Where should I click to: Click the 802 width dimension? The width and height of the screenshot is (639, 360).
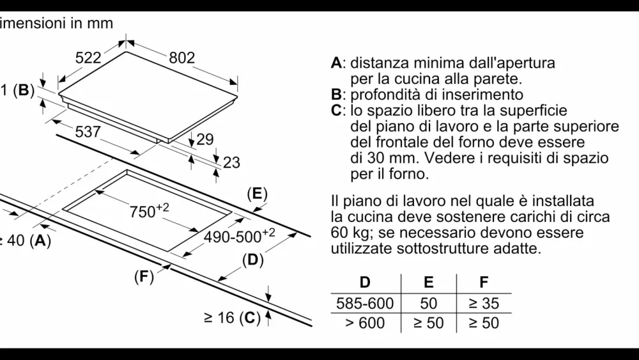coord(182,58)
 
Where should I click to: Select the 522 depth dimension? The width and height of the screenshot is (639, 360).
coord(89,58)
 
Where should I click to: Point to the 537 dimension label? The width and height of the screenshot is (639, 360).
coord(88,132)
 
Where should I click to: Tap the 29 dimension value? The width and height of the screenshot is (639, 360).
coord(205,139)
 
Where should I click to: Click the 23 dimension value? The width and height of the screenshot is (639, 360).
coord(231,162)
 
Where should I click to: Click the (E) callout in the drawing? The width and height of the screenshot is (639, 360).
coord(256,194)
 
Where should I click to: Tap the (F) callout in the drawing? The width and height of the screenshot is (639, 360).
coord(144,277)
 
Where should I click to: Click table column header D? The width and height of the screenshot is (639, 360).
coord(365,281)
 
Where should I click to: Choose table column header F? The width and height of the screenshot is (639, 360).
coord(483,281)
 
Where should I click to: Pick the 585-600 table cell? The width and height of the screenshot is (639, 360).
coord(365,302)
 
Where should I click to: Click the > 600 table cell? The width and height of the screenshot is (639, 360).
coord(365,323)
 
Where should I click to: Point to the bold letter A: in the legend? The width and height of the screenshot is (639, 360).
coord(338,63)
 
